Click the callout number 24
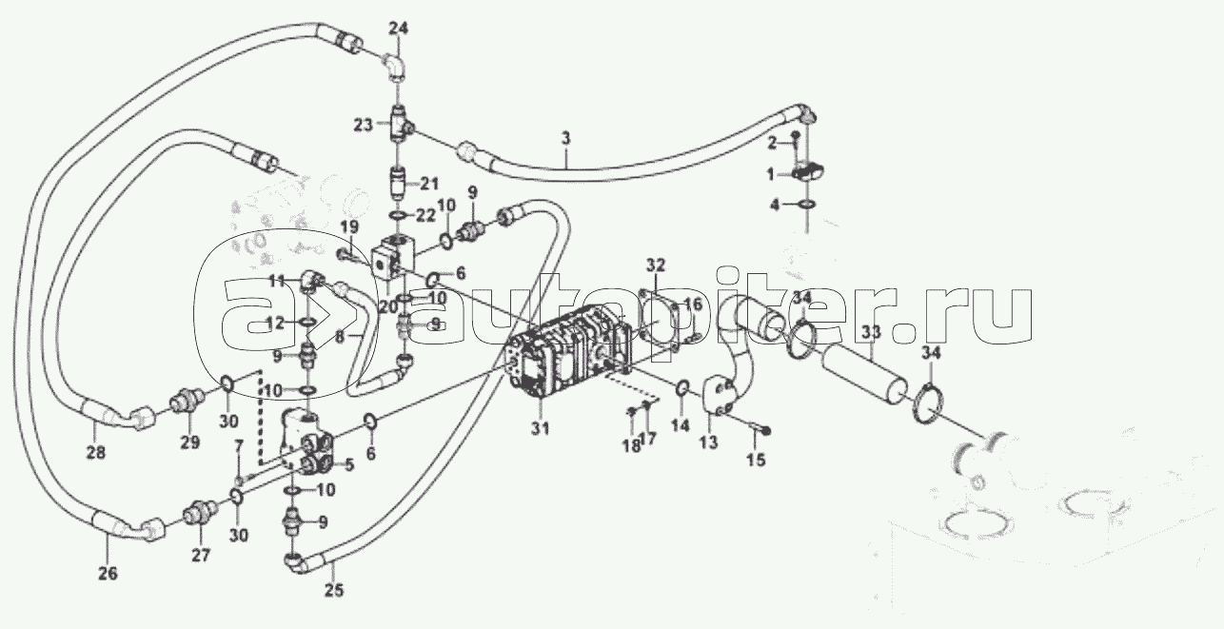[398, 29]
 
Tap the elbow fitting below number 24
[395, 66]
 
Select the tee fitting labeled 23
[400, 125]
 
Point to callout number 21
[428, 183]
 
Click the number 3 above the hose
[565, 140]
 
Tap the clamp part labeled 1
[808, 172]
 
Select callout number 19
[349, 226]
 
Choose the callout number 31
[540, 429]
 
